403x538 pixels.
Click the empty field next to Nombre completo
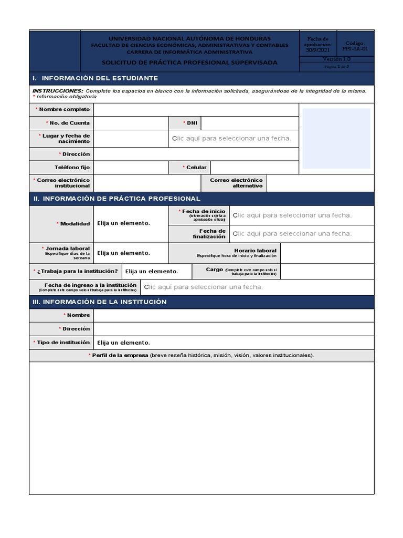coord(196,110)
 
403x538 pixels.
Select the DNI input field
coord(249,123)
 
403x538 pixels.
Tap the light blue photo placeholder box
coord(336,139)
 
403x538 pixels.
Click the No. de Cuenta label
coord(69,123)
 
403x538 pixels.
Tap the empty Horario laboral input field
coord(327,253)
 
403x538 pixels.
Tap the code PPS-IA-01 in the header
coord(355,48)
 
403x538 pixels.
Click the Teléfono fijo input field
coord(130,168)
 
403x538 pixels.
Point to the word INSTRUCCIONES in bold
coord(58,91)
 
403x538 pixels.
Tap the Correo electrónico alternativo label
coord(236,183)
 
